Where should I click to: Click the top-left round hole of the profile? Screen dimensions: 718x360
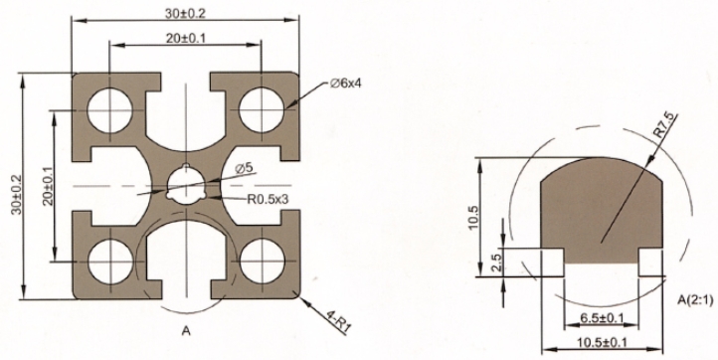110,110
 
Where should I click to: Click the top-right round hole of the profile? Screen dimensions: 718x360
262,110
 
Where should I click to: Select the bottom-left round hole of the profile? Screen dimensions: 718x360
110,262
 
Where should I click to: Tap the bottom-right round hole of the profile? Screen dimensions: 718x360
263,262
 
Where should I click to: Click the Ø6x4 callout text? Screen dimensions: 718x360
345,84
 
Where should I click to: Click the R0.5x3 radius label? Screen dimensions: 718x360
268,199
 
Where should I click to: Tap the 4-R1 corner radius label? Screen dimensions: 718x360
339,320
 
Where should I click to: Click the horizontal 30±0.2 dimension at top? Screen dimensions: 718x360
185,14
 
